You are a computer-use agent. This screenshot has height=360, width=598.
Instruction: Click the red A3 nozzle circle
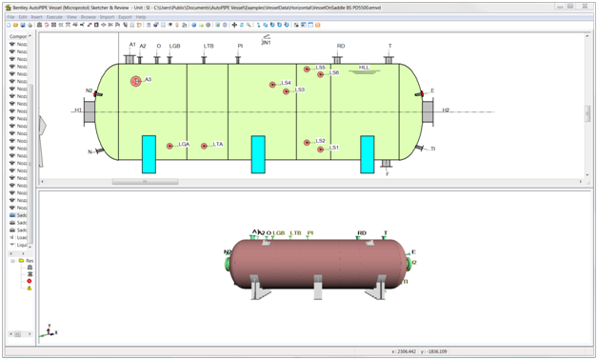(136, 81)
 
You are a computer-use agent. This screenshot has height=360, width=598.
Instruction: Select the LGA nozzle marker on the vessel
(170, 146)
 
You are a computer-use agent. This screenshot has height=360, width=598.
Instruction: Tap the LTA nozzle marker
(204, 146)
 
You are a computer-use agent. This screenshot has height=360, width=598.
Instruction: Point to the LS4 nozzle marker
(273, 85)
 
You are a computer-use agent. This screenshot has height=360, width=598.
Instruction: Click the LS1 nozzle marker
(321, 149)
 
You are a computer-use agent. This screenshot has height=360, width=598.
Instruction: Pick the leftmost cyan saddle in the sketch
(149, 153)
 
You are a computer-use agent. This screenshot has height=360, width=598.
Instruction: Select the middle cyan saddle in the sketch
(257, 153)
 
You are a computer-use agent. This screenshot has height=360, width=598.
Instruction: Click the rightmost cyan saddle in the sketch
(368, 153)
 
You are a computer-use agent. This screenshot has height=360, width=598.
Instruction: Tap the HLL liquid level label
(364, 68)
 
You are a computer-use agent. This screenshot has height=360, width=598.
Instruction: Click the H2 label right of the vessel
(446, 110)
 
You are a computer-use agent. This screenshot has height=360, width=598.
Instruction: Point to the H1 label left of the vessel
(79, 110)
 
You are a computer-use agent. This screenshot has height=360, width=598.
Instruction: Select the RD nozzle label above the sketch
(341, 46)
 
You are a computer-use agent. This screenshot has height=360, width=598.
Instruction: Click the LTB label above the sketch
(209, 46)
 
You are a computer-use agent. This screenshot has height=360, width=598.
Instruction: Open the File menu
(11, 17)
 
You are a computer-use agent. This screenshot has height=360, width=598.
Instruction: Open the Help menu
(141, 17)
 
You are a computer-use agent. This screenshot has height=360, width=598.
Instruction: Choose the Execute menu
(54, 17)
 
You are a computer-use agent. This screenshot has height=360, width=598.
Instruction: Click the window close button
(584, 6)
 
